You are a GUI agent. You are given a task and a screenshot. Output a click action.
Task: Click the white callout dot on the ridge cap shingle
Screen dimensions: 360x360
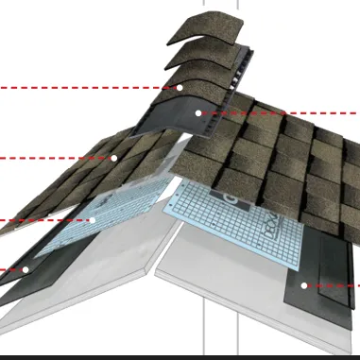pyautogui.click(x=180, y=87)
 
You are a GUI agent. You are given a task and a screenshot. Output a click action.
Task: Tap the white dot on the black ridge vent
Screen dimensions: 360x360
pyautogui.click(x=198, y=112)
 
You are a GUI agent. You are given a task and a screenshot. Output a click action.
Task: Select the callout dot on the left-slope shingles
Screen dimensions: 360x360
pyautogui.click(x=114, y=157)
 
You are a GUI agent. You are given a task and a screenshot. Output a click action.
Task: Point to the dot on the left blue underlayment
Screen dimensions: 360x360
pyautogui.click(x=93, y=220)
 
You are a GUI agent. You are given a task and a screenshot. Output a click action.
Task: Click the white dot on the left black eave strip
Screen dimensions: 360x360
pyautogui.click(x=26, y=269)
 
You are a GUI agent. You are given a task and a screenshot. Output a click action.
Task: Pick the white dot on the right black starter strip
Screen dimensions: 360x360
pyautogui.click(x=303, y=284)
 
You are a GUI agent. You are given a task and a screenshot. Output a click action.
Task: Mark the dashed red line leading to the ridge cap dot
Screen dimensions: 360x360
pyautogui.click(x=85, y=87)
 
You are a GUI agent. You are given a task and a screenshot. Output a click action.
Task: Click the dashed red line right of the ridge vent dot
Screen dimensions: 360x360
pyautogui.click(x=283, y=112)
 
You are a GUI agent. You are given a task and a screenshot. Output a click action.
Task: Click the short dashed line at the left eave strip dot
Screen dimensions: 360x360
pyautogui.click(x=9, y=269)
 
